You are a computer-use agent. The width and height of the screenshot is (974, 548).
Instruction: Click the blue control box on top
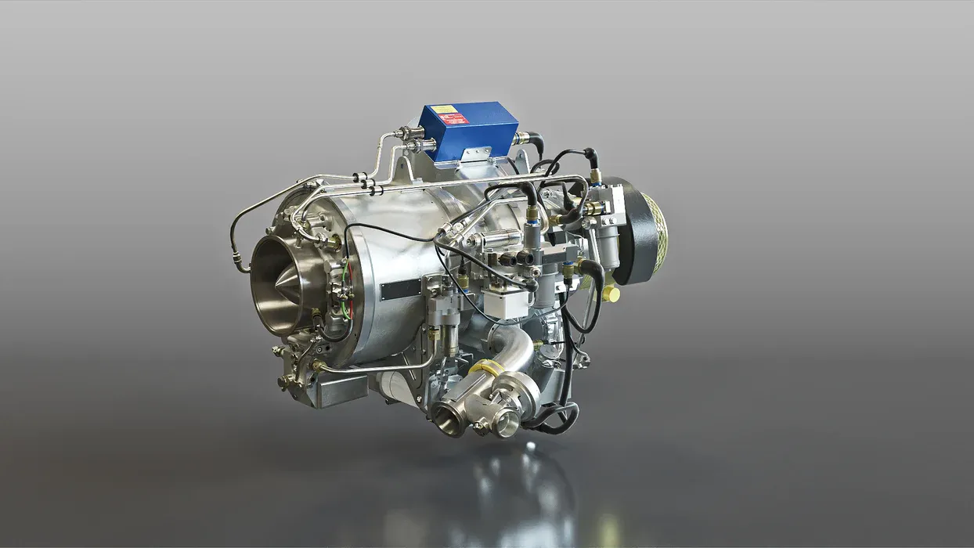click(x=468, y=132)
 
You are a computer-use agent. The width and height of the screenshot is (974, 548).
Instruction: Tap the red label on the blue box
click(x=453, y=119)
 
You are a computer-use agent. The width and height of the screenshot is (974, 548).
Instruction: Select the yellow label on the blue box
click(x=443, y=110)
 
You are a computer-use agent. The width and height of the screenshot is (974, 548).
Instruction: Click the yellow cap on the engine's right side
click(x=611, y=294)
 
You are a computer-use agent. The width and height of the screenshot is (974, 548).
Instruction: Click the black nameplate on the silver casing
click(x=401, y=290)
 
